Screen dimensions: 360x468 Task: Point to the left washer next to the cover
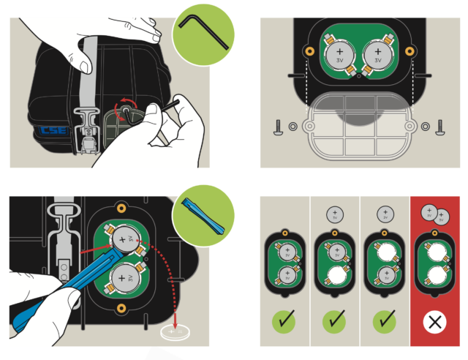[293, 126]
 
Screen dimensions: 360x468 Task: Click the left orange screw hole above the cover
[310, 52]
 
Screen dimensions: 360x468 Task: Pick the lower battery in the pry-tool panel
[122, 277]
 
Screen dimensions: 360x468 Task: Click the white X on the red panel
[436, 320]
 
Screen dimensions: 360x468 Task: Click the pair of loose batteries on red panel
[436, 214]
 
